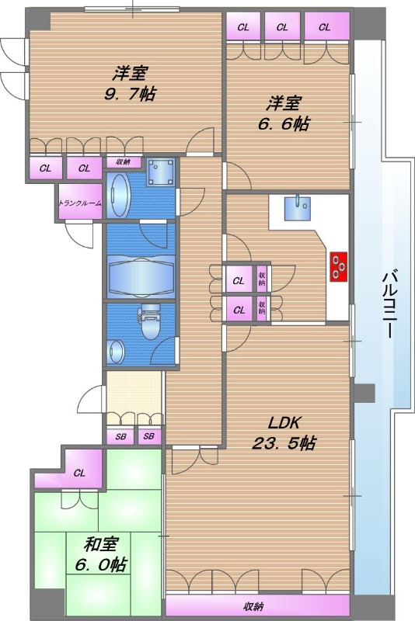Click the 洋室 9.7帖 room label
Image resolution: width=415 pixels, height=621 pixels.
click(x=130, y=84)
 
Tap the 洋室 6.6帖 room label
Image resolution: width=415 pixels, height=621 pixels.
click(x=283, y=113)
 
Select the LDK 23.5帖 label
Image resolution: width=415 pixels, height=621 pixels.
click(x=284, y=433)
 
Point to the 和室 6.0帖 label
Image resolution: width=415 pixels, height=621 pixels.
click(x=101, y=554)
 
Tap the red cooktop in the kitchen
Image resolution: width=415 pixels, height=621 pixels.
click(x=338, y=266)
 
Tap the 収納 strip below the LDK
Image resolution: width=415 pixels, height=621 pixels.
click(x=258, y=605)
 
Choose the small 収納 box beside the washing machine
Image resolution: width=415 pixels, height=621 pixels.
click(x=124, y=162)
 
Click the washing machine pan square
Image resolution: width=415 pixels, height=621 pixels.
click(x=161, y=172)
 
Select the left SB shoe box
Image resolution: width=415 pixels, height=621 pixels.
click(x=120, y=436)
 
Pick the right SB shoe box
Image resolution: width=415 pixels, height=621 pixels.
click(x=149, y=436)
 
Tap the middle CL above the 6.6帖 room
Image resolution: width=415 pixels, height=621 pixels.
click(x=282, y=26)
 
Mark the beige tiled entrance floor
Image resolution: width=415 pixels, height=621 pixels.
click(x=134, y=393)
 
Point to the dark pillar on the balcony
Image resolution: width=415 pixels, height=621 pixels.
click(x=364, y=393)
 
